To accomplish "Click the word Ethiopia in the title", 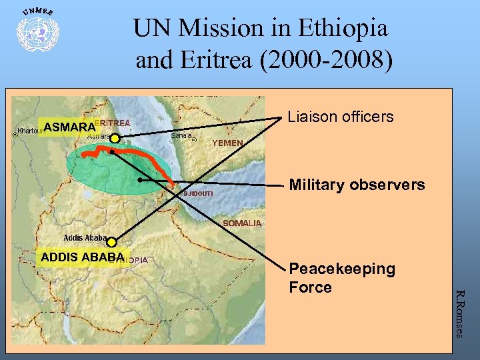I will point(343,28).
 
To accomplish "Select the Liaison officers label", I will point(341,117).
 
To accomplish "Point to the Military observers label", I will point(357,185).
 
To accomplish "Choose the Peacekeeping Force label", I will point(342,278).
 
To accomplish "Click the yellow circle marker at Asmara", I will point(115,139).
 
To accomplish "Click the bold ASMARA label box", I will point(69,127).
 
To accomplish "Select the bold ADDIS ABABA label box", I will point(82,257).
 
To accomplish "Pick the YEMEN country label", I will point(227,143).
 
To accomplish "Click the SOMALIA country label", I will point(241,223).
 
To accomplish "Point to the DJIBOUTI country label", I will point(198,193).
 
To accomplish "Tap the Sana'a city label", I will point(182,136).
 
